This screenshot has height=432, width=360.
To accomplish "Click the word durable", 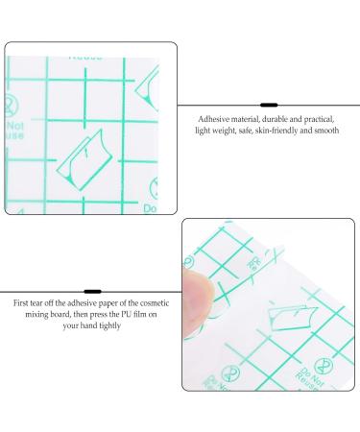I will pos(273,116).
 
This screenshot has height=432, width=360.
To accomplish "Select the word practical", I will pos(322,116).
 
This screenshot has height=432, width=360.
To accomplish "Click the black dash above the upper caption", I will pos(270,102).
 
